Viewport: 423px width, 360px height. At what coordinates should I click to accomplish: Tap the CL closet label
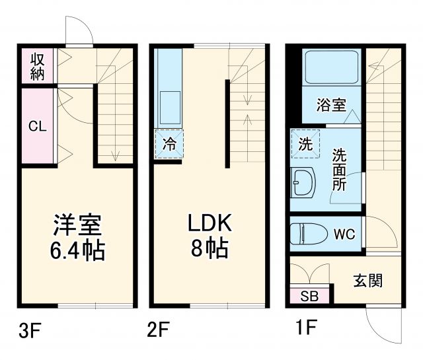pyautogui.click(x=37, y=126)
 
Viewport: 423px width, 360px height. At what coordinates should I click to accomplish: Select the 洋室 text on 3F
pyautogui.click(x=77, y=225)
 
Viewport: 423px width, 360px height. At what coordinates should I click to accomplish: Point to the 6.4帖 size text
pyautogui.click(x=77, y=251)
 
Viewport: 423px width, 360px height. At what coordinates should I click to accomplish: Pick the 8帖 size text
pyautogui.click(x=210, y=250)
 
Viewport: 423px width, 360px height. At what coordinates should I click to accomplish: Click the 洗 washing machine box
pyautogui.click(x=305, y=145)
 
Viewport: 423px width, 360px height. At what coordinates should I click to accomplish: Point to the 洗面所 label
pyautogui.click(x=339, y=170)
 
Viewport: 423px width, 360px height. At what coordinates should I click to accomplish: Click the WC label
pyautogui.click(x=344, y=234)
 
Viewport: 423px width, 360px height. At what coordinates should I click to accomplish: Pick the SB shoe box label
pyautogui.click(x=309, y=295)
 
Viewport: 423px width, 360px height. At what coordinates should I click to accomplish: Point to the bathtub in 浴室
pyautogui.click(x=331, y=68)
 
